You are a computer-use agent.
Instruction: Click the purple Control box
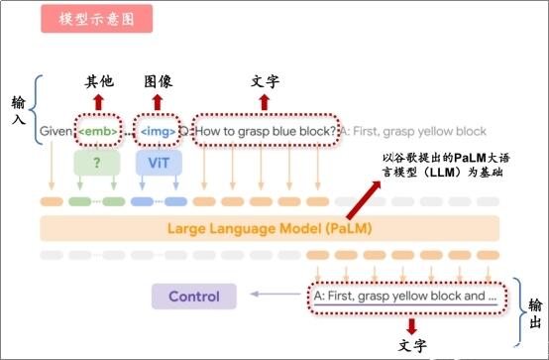tap(193, 296)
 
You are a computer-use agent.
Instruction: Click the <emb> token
tap(100, 130)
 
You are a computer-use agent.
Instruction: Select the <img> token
tap(157, 130)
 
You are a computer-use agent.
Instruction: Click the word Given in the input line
tap(56, 130)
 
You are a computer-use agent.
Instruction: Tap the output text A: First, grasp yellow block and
tap(404, 296)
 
